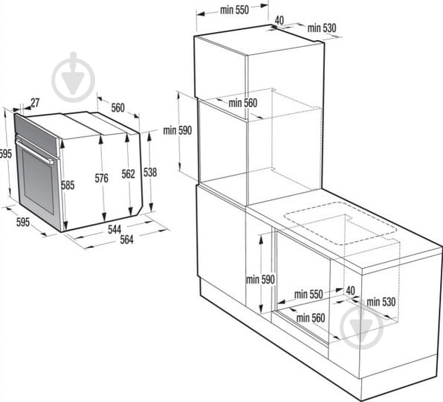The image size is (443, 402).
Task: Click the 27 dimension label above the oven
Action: (x=35, y=103)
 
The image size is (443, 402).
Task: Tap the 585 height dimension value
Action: (x=68, y=185)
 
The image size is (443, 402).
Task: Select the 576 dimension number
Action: (x=101, y=178)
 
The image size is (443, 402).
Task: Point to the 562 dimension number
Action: (x=129, y=174)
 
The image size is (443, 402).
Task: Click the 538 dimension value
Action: (x=150, y=172)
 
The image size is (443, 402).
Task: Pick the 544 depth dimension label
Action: (x=114, y=229)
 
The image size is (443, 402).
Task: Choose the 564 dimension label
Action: (x=126, y=240)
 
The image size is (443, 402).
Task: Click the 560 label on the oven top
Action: (x=118, y=108)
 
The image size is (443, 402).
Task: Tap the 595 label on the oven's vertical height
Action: (x=6, y=154)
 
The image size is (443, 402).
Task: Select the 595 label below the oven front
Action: (x=23, y=222)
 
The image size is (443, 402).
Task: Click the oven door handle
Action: (x=34, y=150)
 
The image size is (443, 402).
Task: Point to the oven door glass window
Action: (x=38, y=182)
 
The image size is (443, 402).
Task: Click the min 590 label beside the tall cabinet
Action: (x=178, y=130)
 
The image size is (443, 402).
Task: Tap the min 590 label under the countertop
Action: (x=260, y=279)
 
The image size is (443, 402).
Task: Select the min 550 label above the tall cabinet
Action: (x=234, y=10)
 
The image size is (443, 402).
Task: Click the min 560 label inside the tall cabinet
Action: (x=243, y=103)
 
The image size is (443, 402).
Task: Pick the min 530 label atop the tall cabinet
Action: (x=322, y=28)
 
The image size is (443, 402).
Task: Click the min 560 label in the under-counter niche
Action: (x=311, y=318)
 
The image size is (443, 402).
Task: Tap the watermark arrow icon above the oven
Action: (x=73, y=77)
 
